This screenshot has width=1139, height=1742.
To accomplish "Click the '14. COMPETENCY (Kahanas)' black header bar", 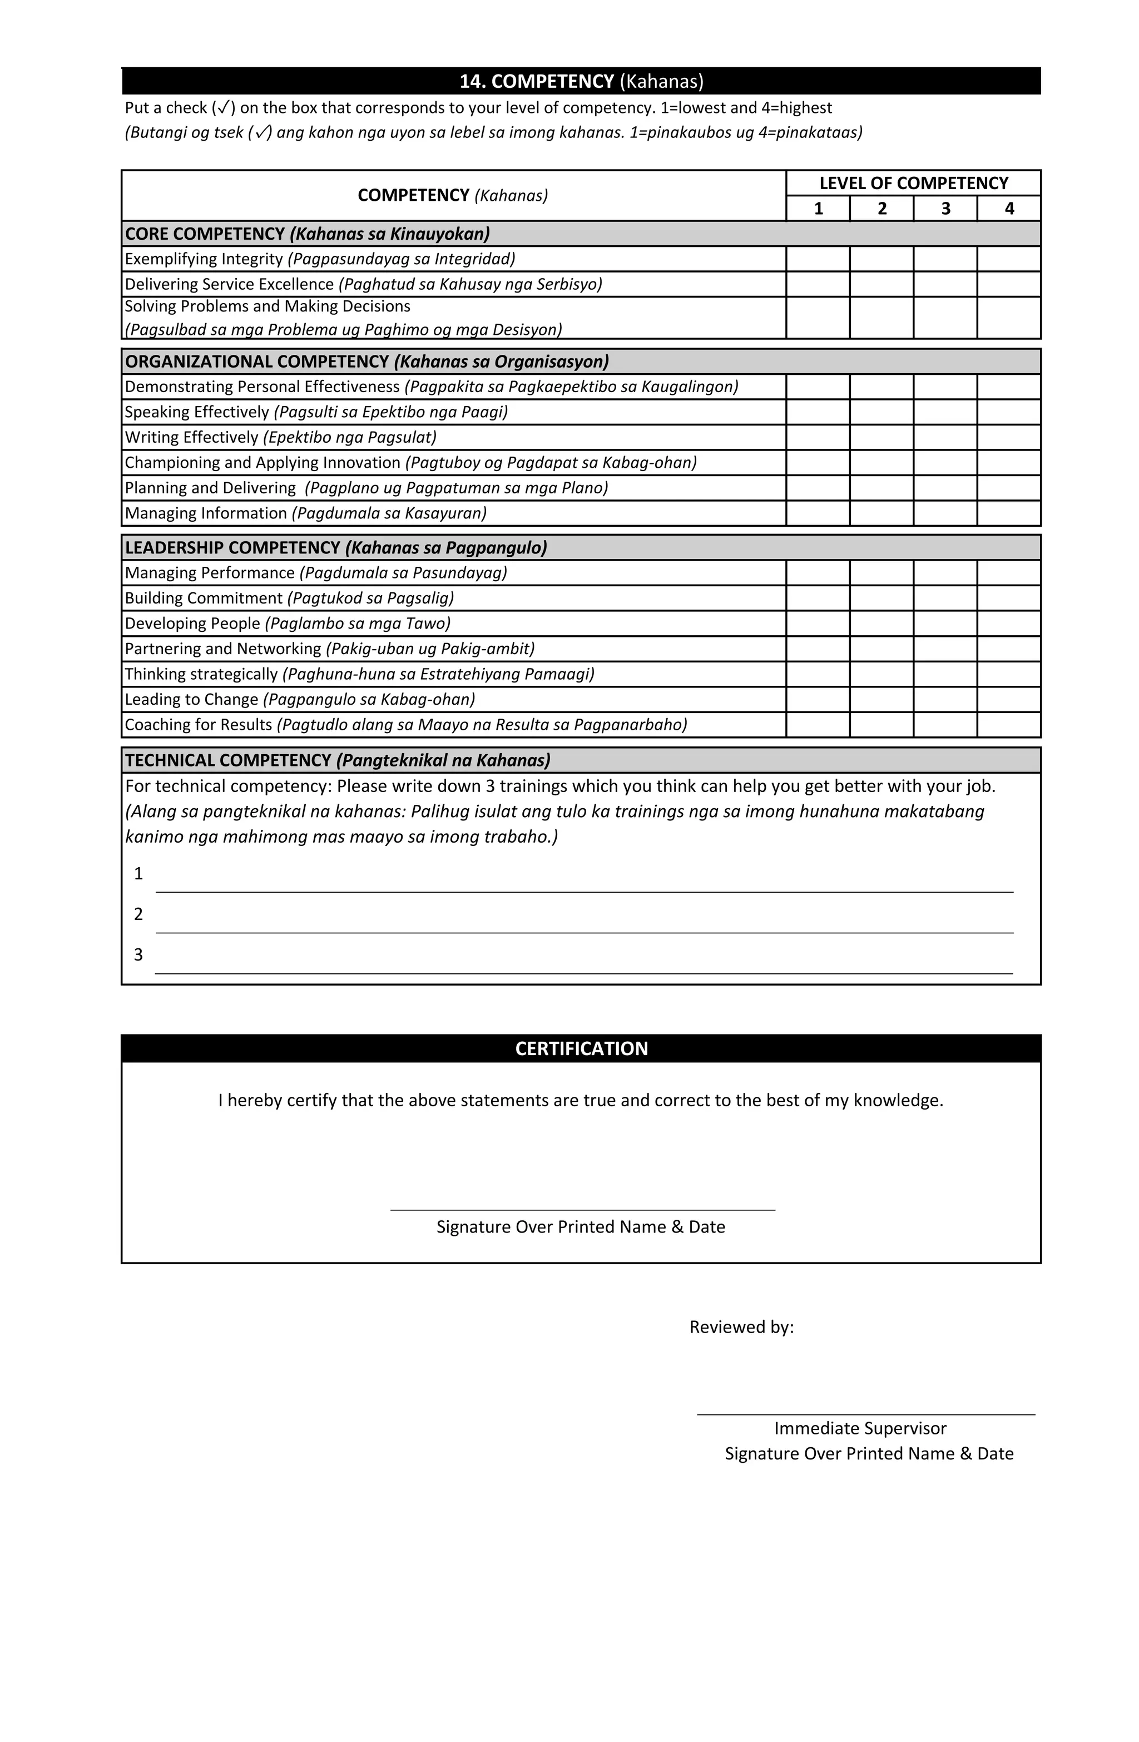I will click(x=581, y=81).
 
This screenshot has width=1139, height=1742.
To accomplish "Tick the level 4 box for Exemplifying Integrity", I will click(x=1008, y=259).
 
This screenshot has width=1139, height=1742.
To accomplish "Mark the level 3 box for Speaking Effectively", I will click(x=944, y=412).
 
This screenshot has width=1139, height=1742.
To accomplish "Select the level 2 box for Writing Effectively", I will click(x=880, y=437).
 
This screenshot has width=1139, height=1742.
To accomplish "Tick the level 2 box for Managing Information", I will click(x=880, y=513).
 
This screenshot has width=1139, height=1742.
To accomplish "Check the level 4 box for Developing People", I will click(x=1008, y=623).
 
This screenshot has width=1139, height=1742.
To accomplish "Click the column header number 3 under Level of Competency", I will click(x=944, y=209).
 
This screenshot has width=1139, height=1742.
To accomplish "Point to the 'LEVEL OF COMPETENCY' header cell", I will click(x=913, y=183).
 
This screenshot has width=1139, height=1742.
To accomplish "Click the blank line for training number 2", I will click(x=583, y=924).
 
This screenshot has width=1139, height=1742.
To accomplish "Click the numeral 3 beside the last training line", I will click(x=138, y=954).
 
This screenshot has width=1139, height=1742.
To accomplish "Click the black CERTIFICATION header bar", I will click(x=581, y=1048).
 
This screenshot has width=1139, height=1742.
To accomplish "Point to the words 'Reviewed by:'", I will click(x=741, y=1327).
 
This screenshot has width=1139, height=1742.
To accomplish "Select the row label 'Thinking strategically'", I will click(x=201, y=674).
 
